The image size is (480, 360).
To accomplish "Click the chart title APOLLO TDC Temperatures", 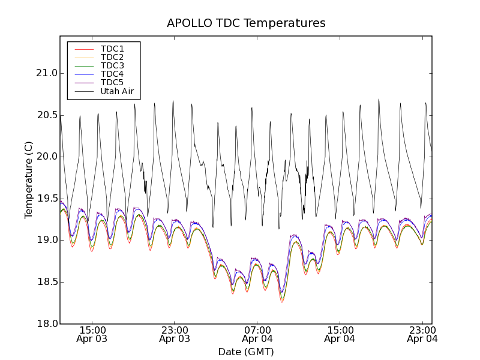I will tap(246, 23).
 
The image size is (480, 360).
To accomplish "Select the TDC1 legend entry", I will tap(112, 49).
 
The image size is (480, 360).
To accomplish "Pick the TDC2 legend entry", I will tap(112, 57).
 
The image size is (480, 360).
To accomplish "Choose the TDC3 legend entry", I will tap(112, 65).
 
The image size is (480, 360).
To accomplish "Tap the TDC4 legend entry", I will tap(112, 74).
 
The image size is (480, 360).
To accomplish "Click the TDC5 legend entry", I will tap(112, 83).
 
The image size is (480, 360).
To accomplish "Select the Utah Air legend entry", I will tap(117, 91).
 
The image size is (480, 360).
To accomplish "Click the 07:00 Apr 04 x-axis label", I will tap(257, 334).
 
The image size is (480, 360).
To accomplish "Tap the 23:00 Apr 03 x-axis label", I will tap(175, 334).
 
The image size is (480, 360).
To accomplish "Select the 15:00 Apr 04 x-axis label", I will tap(340, 334).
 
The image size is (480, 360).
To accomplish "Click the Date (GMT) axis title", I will tap(246, 352).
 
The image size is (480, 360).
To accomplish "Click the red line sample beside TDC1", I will tap(82, 49).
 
